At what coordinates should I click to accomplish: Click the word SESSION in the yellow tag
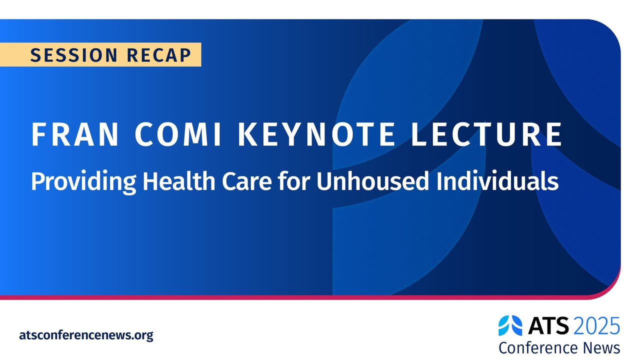[73, 55]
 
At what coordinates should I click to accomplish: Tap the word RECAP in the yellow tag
[159, 55]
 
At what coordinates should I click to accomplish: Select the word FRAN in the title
[74, 134]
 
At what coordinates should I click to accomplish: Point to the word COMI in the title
[177, 134]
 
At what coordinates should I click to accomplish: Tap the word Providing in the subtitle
[83, 181]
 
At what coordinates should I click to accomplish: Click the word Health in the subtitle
[179, 181]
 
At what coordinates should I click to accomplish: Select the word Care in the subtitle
[247, 181]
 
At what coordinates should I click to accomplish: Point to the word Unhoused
[373, 181]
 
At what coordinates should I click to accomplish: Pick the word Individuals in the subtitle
[497, 181]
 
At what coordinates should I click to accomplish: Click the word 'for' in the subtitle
[294, 181]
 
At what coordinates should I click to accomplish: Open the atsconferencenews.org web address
[86, 335]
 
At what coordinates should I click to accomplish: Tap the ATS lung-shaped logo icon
[510, 325]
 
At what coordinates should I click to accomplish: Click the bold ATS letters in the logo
[548, 325]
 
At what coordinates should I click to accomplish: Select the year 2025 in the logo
[596, 325]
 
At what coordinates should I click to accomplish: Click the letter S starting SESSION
[35, 55]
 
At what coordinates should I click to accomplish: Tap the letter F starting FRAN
[37, 134]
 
